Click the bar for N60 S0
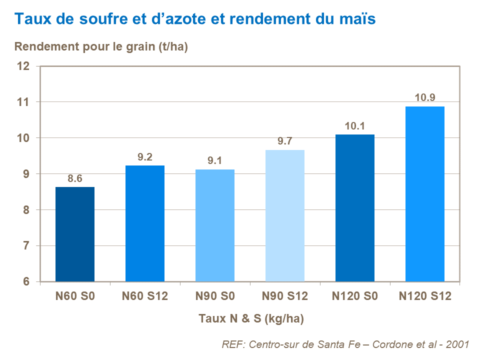point(75,234)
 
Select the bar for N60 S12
point(145,223)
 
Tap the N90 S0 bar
point(215,225)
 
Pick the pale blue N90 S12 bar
point(285,215)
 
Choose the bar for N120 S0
point(355,208)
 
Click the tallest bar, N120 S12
point(425,194)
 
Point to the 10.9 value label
point(425,97)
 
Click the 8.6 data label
point(75,178)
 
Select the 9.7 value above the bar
point(285,141)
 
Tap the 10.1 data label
point(355,126)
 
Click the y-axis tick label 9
point(27,174)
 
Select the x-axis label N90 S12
point(285,296)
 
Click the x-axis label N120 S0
point(355,296)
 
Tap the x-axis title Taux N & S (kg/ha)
point(251,318)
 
